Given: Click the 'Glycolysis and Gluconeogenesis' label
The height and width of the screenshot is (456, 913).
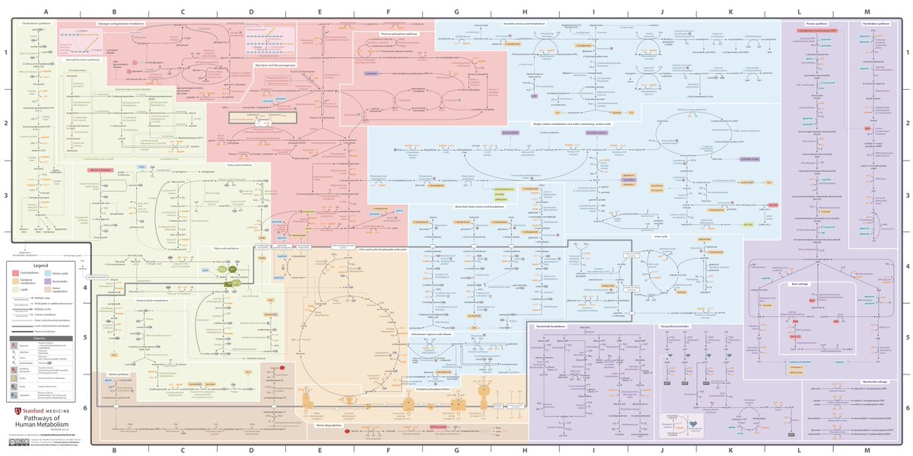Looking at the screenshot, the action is [x=274, y=65].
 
